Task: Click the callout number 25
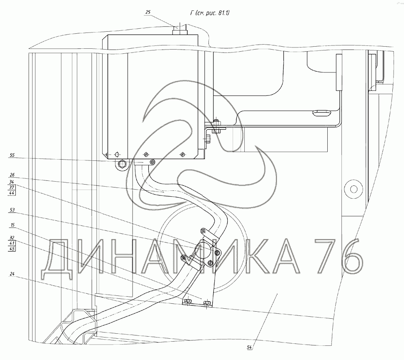click(x=148, y=12)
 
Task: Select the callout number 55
click(x=12, y=155)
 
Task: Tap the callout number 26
click(x=12, y=175)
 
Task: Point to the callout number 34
click(x=12, y=182)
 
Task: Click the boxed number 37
click(x=12, y=187)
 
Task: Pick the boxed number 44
click(x=12, y=193)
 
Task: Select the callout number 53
click(x=12, y=210)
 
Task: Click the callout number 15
click(x=12, y=225)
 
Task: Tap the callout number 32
click(x=12, y=237)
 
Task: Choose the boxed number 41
click(x=12, y=243)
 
